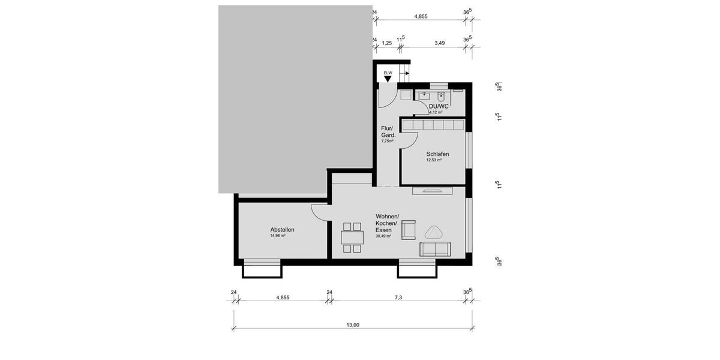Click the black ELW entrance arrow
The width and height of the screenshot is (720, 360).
[388, 79]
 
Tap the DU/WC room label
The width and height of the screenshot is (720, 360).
[439, 106]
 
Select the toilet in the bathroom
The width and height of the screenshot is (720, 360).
[442, 95]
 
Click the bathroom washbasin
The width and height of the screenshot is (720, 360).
[425, 95]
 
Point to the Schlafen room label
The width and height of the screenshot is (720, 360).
[437, 154]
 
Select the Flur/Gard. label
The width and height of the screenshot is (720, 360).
[388, 131]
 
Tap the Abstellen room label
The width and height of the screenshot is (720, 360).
[282, 229]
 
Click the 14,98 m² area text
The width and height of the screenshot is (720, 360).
[277, 236]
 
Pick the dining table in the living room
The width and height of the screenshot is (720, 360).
[352, 237]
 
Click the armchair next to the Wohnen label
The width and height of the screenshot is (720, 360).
[409, 230]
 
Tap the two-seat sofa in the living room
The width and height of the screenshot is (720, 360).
[436, 249]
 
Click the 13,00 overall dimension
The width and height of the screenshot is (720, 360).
[353, 325]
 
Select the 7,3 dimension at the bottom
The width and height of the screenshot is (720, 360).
[398, 298]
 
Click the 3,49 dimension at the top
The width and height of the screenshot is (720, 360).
[440, 43]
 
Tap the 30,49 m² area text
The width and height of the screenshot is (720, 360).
[383, 236]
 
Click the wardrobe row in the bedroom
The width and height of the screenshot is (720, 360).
[433, 124]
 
